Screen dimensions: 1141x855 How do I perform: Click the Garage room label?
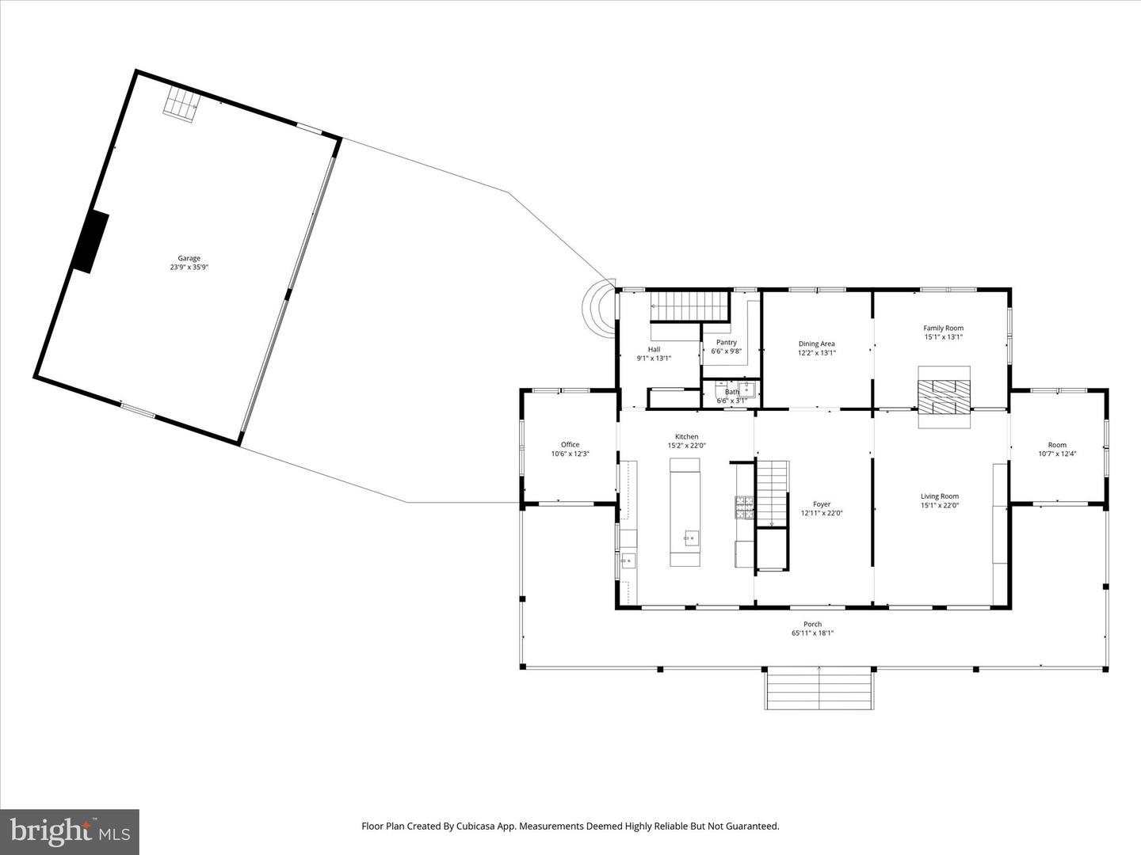coord(189,258)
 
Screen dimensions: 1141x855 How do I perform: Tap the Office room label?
coord(570,444)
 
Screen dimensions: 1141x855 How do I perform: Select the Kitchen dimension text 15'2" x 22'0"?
coord(687,446)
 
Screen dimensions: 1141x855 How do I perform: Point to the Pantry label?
coord(726,343)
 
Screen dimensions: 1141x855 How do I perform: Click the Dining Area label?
coord(817,344)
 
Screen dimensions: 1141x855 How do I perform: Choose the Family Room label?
coord(944,328)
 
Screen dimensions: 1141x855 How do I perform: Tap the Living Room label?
coord(940,496)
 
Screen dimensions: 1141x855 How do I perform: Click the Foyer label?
coord(822,504)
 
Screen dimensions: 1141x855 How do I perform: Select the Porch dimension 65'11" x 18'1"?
coord(812,633)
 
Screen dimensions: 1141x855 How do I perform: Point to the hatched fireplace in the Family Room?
coord(944,397)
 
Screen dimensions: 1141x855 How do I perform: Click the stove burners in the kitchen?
coord(744,507)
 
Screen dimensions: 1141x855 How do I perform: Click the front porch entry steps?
coord(819,689)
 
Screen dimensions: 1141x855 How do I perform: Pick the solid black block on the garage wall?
coord(90,242)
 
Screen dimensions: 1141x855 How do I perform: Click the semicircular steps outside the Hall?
coord(599,310)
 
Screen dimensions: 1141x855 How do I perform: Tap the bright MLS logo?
coord(70,831)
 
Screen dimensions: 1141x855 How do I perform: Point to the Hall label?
coord(654,349)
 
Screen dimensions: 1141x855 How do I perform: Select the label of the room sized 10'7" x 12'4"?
coord(1057,445)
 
